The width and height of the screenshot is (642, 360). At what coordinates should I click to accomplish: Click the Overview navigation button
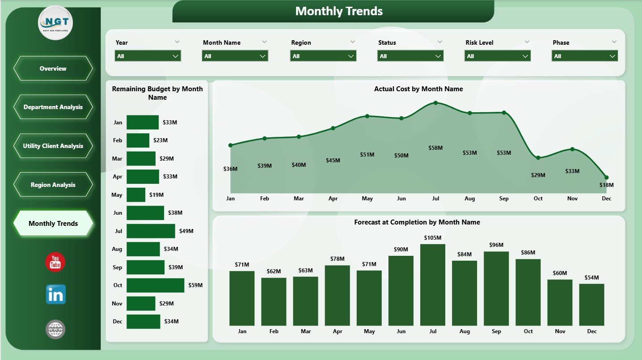tap(53, 68)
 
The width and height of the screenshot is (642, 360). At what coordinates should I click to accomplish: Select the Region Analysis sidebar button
tap(53, 185)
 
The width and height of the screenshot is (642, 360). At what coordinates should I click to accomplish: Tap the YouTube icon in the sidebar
tap(55, 262)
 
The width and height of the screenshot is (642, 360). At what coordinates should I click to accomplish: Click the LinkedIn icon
tap(55, 295)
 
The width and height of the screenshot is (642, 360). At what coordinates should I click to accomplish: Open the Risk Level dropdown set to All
tap(497, 56)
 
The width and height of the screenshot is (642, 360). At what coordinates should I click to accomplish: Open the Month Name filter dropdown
tap(235, 56)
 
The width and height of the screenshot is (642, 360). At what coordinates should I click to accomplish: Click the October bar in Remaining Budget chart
tap(155, 285)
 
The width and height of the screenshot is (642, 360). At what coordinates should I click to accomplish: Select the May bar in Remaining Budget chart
tap(136, 195)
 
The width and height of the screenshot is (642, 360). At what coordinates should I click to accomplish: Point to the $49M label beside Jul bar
tap(186, 231)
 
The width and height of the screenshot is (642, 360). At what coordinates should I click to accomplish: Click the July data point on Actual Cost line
tap(435, 103)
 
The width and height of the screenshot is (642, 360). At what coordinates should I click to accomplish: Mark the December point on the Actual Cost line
tap(606, 177)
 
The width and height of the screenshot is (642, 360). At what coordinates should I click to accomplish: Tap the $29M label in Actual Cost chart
tap(538, 175)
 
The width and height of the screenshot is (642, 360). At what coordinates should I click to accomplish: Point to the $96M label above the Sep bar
tap(496, 245)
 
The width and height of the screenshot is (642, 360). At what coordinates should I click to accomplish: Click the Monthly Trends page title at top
tap(339, 11)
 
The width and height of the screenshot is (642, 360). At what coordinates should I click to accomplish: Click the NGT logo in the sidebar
tap(55, 23)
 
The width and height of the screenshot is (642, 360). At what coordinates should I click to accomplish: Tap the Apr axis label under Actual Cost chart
tap(333, 199)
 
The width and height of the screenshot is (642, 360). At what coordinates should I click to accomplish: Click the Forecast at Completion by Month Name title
tap(417, 222)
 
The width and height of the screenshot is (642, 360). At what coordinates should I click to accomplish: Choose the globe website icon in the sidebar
tap(55, 330)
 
